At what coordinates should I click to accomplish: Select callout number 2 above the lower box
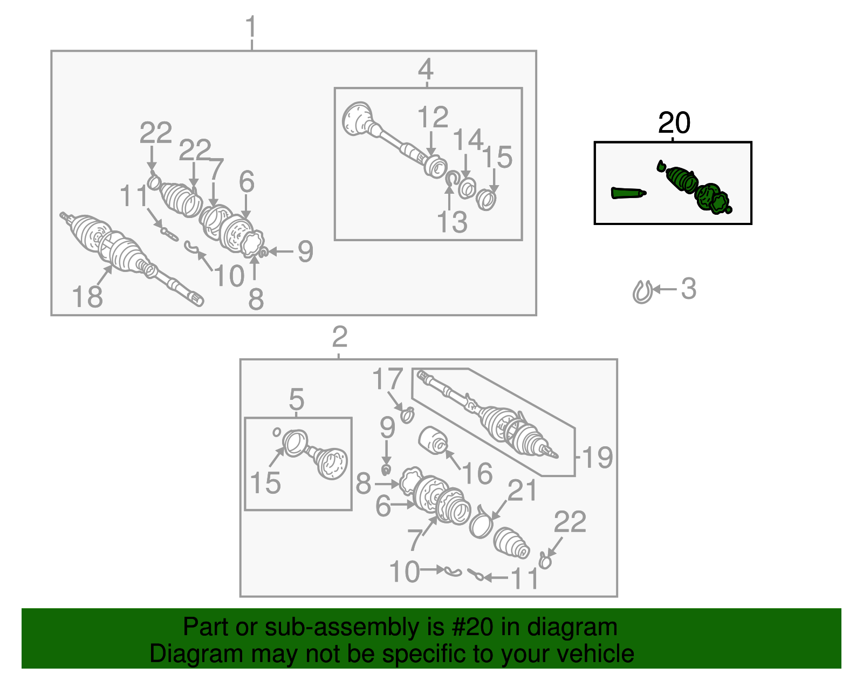coord(340,337)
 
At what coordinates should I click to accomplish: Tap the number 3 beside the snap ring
coord(689,289)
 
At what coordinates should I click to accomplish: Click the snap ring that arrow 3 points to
coord(642,292)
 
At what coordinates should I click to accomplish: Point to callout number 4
coord(426,70)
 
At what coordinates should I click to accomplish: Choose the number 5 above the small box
coord(297,399)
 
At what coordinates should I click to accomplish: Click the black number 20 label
coord(674,122)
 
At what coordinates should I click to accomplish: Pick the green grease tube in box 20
coord(628,193)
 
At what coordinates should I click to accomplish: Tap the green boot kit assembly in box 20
coord(695,187)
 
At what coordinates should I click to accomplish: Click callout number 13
coord(452,222)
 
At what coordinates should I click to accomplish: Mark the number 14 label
coord(468,139)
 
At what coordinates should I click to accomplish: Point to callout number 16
coord(478,473)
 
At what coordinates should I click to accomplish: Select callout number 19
coord(598,457)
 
